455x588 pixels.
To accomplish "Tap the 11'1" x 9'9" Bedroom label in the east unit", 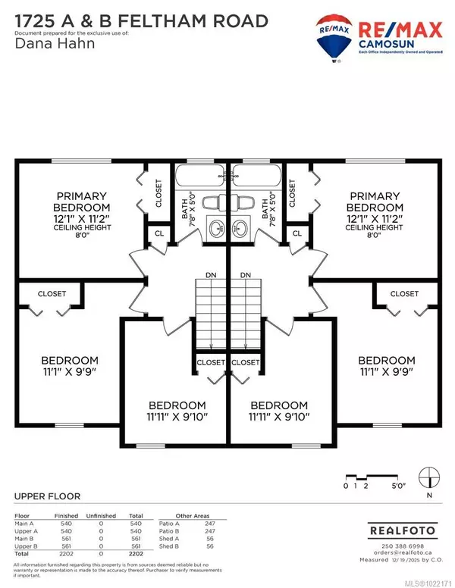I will coord(387,365).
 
